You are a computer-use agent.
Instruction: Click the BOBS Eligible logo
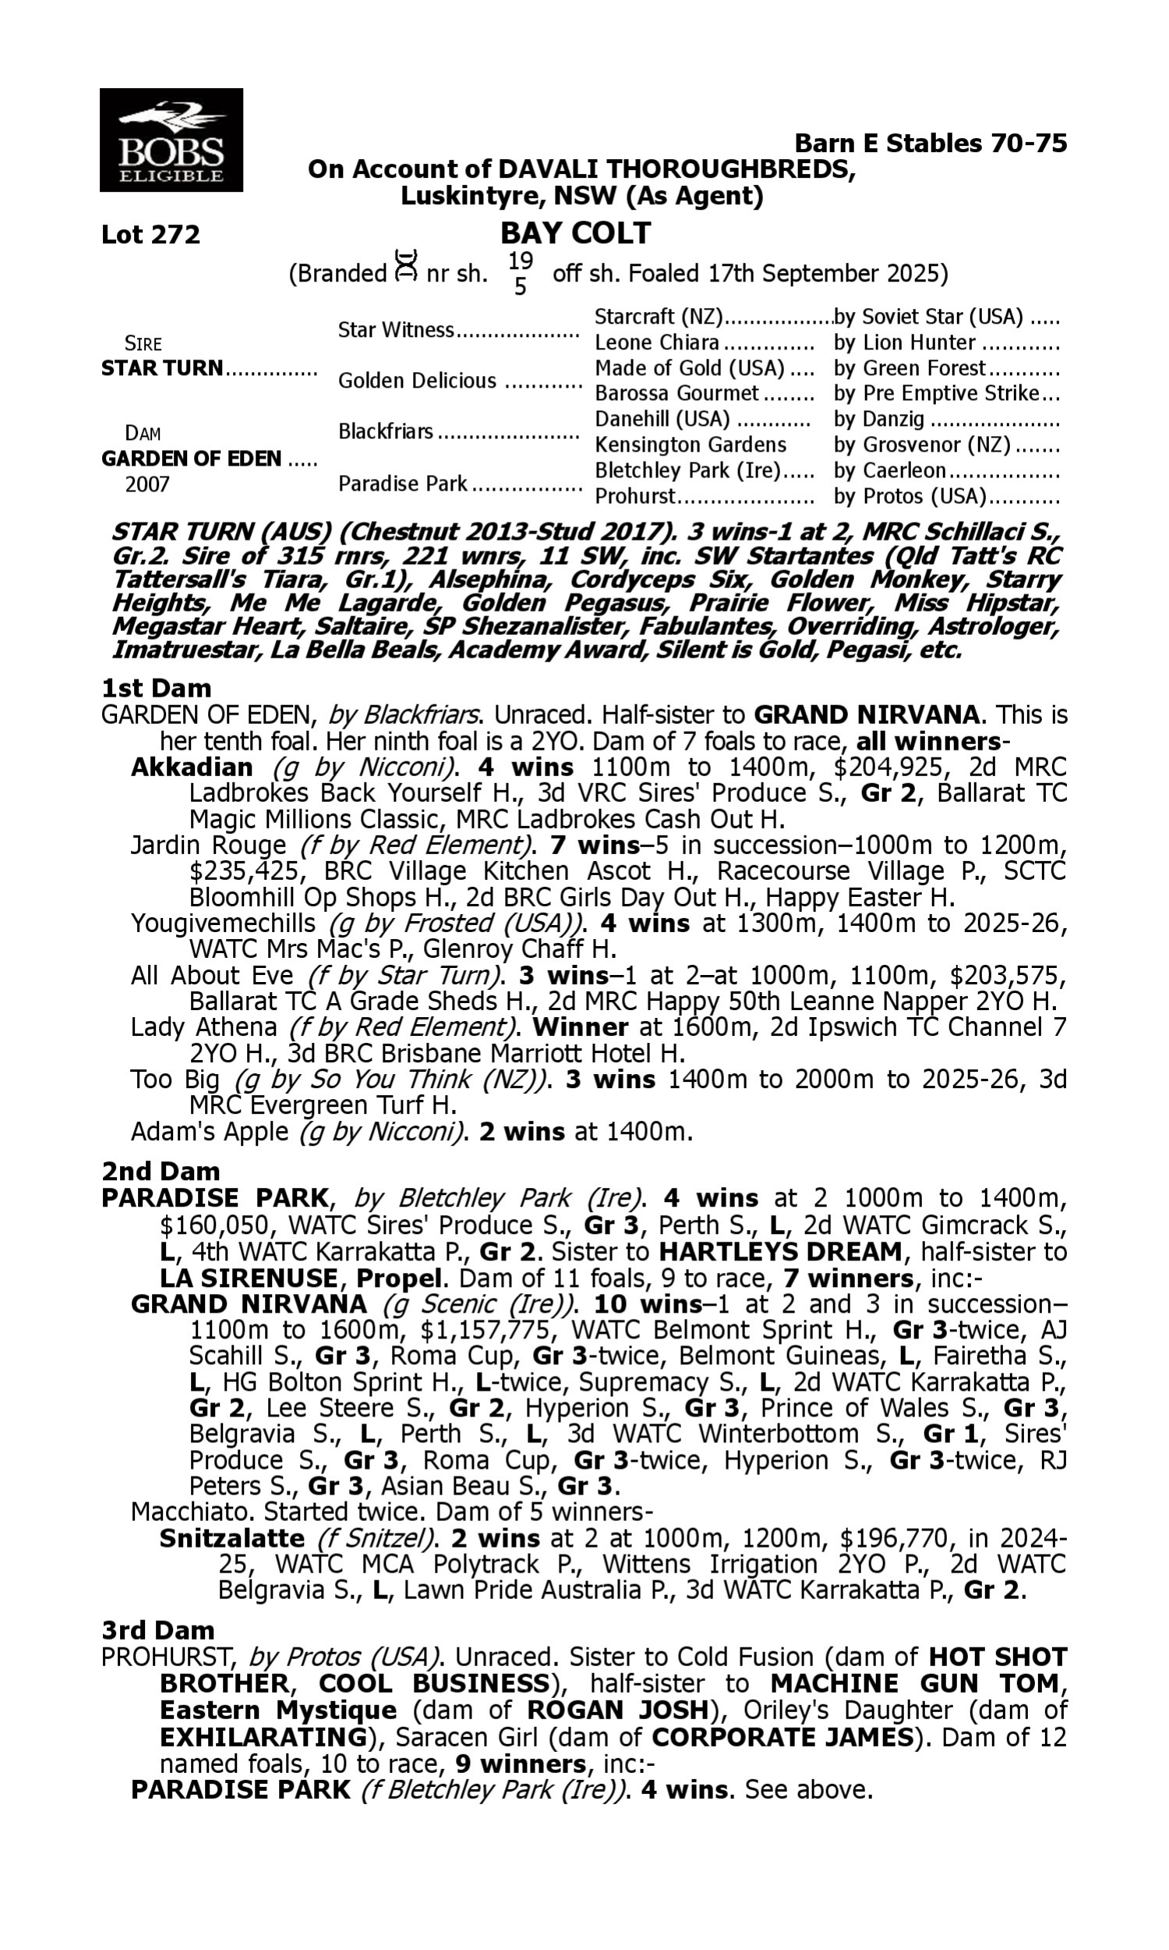[x=171, y=140]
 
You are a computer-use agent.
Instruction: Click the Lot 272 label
[x=150, y=234]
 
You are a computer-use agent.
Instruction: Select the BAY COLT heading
[x=575, y=232]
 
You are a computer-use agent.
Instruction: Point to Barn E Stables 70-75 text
[x=931, y=143]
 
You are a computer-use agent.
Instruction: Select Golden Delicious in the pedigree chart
[x=417, y=381]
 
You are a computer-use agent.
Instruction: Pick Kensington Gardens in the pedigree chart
[x=690, y=445]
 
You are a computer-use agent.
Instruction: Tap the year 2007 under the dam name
[x=147, y=484]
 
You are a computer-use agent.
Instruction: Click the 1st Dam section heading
[x=156, y=688]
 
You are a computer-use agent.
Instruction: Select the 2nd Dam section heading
[x=161, y=1172]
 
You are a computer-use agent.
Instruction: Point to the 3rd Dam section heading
[x=157, y=1630]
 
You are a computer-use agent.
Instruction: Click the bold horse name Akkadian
[x=192, y=767]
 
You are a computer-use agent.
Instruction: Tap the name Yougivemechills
[x=223, y=923]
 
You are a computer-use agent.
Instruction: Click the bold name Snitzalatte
[x=231, y=1538]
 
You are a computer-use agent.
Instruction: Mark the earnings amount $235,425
[x=244, y=871]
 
